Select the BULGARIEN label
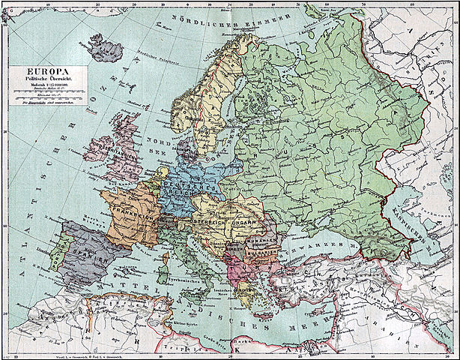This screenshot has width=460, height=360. [265, 253]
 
